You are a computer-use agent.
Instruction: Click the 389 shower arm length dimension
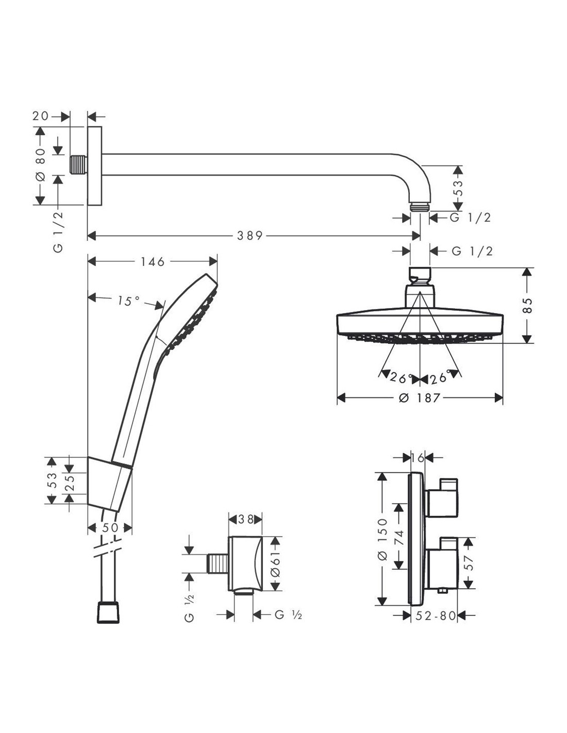pos(249,236)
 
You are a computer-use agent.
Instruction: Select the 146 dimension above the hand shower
pos(153,261)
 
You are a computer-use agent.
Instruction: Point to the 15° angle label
pos(128,301)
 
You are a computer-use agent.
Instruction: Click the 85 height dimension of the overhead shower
pos(527,305)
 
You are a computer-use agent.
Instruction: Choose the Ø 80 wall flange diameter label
pos(40,165)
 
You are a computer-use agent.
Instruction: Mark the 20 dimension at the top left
pos(41,116)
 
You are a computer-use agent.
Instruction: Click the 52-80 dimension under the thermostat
pos(436,616)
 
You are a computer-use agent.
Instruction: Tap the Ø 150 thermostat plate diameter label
pos(383,539)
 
